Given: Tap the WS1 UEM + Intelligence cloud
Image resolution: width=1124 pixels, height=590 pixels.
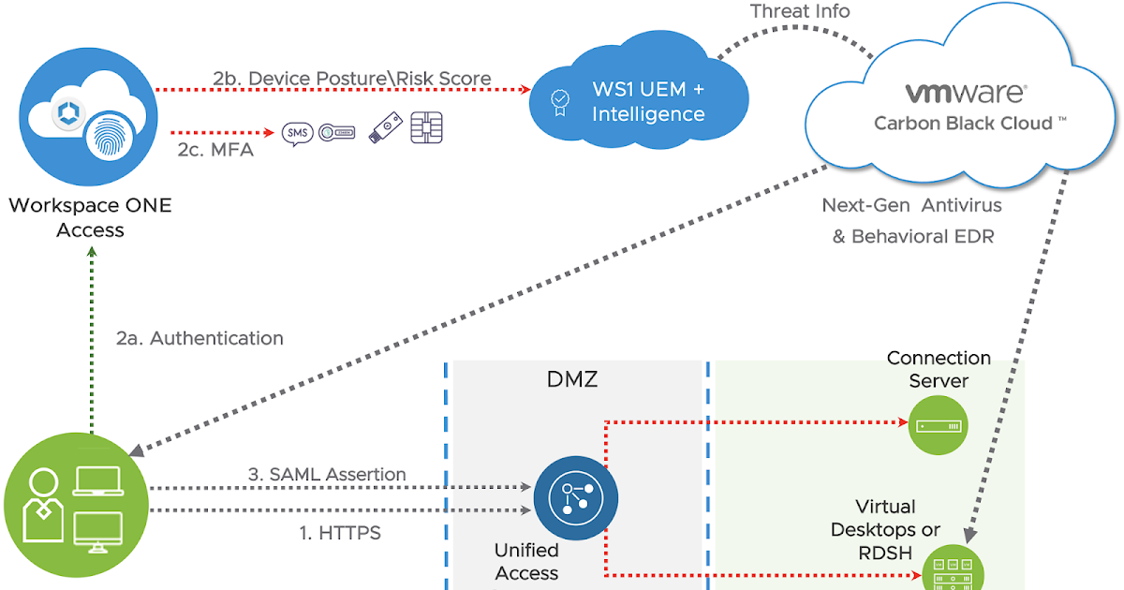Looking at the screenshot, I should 637,101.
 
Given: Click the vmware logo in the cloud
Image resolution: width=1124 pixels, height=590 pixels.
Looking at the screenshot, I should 965,94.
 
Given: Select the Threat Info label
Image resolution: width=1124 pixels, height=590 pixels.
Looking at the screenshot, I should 800,12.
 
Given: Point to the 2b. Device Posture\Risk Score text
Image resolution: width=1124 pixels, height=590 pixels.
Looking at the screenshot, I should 351,79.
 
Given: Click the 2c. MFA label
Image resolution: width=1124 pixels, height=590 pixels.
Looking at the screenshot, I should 215,149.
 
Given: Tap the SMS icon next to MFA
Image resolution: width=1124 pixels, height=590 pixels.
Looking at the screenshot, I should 298,133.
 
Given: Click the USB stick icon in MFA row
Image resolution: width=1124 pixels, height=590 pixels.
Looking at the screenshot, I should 385,129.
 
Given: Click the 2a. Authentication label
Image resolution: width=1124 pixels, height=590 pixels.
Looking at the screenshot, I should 200,338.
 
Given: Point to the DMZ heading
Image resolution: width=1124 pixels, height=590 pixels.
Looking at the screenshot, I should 571,379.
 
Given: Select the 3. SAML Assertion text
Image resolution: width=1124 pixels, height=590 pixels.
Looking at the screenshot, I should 327,475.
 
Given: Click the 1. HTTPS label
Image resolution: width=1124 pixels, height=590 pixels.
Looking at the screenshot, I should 339,533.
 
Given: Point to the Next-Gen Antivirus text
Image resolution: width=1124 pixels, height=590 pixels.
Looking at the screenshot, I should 911,205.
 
